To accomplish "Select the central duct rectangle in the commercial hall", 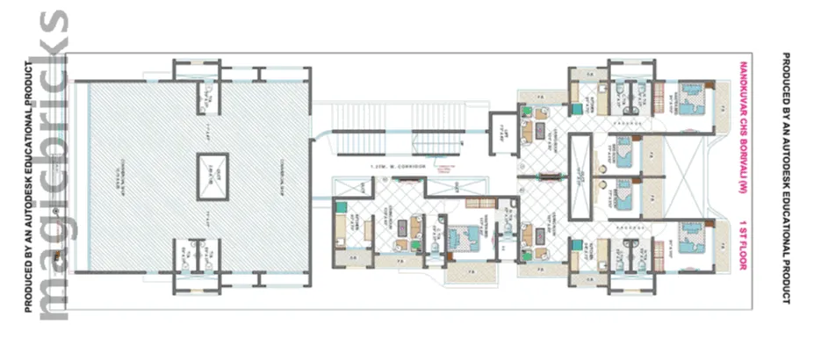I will pyautogui.click(x=212, y=171).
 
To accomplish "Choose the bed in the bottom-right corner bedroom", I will pyautogui.click(x=690, y=237).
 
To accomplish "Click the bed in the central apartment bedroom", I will pyautogui.click(x=462, y=235).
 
